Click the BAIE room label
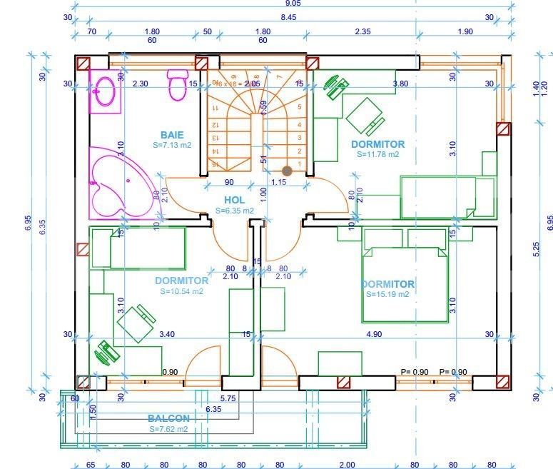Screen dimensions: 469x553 pyautogui.click(x=172, y=135)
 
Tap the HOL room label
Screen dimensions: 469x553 pyautogui.click(x=234, y=201)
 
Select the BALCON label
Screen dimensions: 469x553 pyautogui.click(x=169, y=418)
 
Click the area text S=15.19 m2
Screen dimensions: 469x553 pyautogui.click(x=387, y=294)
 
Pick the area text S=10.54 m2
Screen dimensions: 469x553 pyautogui.click(x=181, y=291)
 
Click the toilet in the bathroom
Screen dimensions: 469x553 pyautogui.click(x=176, y=86)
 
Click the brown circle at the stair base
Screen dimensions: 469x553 pyautogui.click(x=287, y=171)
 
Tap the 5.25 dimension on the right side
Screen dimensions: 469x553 pyautogui.click(x=537, y=248)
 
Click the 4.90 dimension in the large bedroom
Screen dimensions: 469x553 pyautogui.click(x=373, y=334)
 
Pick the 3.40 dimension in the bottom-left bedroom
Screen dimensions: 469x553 pyautogui.click(x=167, y=334)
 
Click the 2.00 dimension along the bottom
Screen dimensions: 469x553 pyautogui.click(x=347, y=465)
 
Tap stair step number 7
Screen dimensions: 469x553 pyautogui.click(x=279, y=76)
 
